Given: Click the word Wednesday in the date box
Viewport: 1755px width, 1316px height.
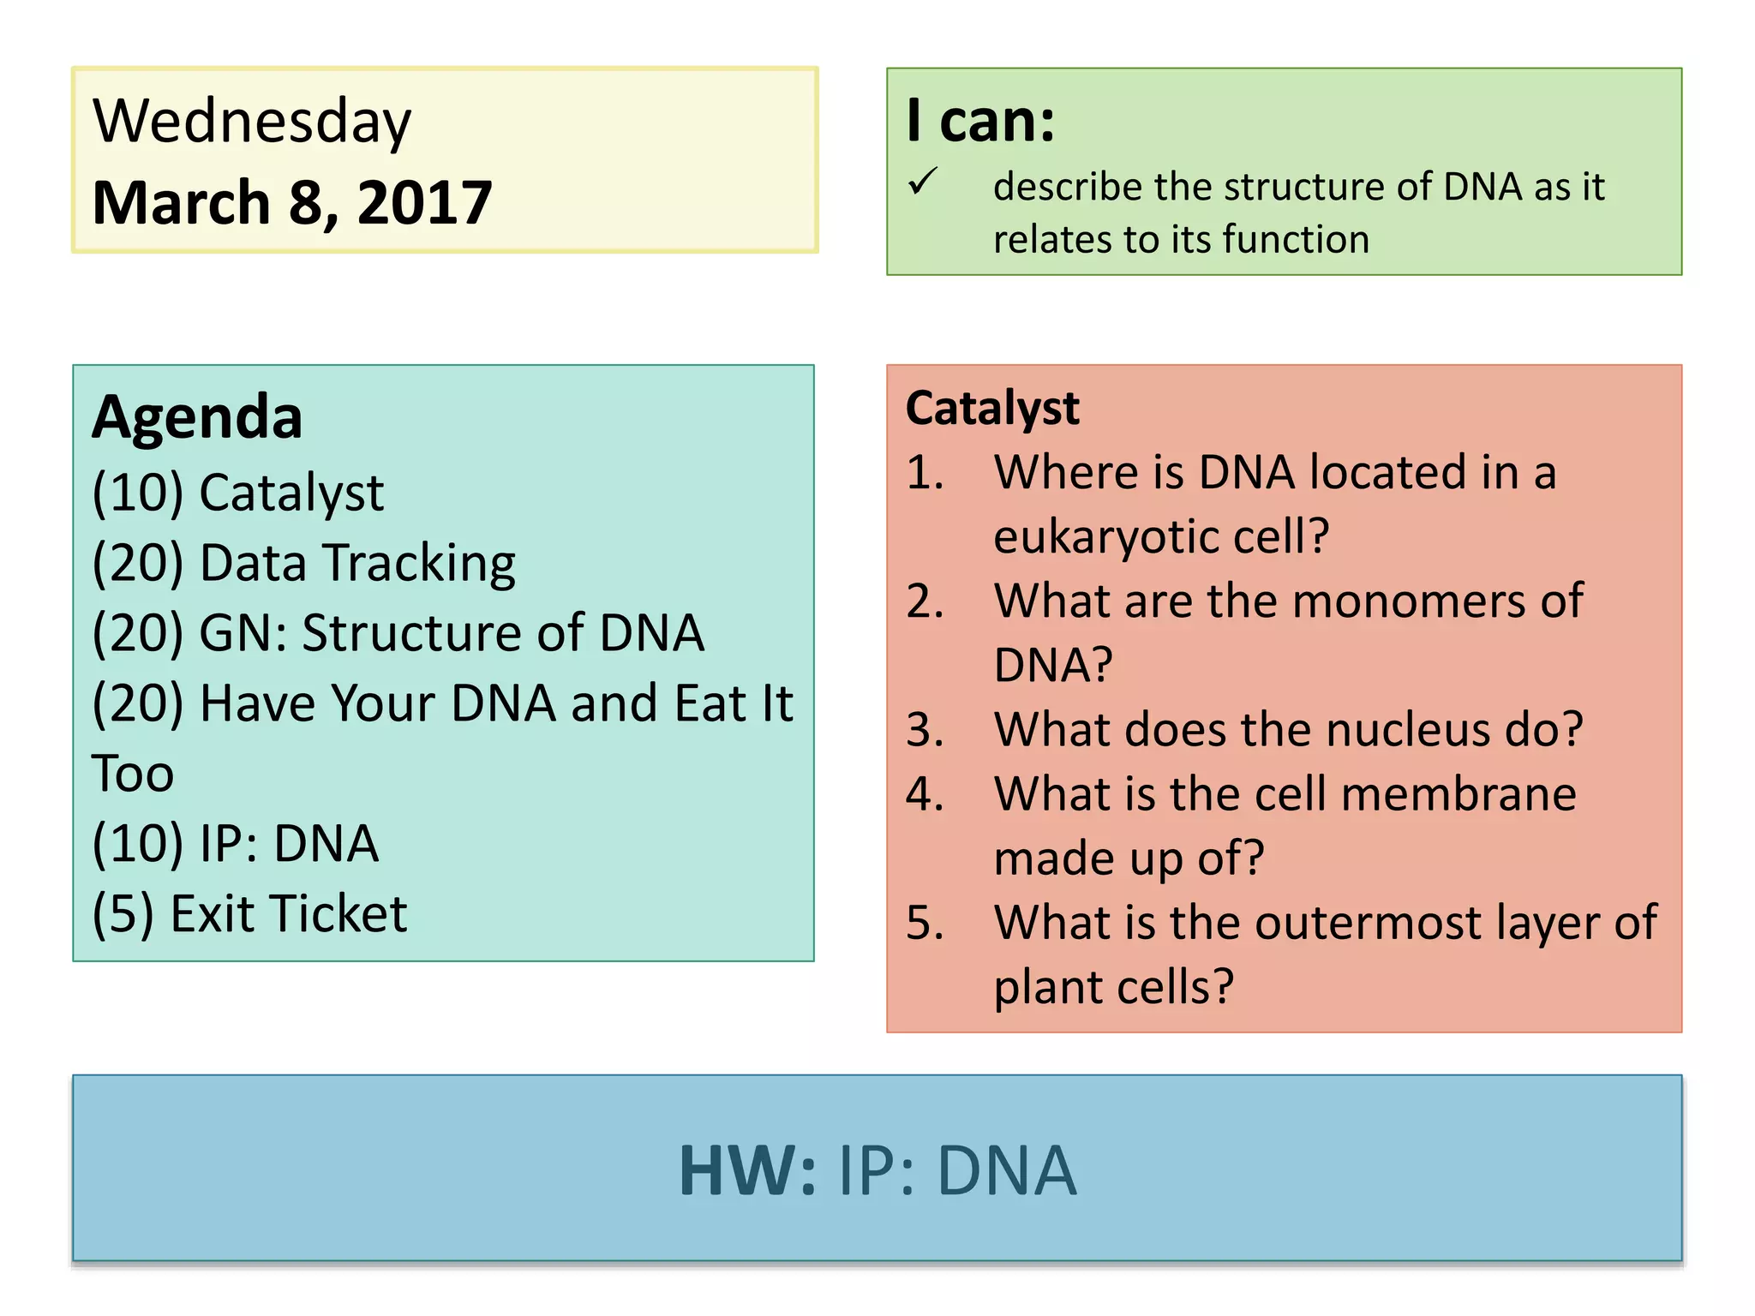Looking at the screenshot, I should [x=252, y=123].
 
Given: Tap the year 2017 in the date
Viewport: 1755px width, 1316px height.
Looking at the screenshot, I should [x=424, y=203].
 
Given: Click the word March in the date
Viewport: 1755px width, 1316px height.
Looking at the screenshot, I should [x=181, y=203].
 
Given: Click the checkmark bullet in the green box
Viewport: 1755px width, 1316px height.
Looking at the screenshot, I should [x=923, y=181].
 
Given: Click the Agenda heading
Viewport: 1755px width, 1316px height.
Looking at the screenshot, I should [x=197, y=417].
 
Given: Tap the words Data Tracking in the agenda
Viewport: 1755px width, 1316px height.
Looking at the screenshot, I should [x=357, y=564].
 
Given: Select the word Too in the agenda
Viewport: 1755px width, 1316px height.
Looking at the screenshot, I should [x=133, y=774].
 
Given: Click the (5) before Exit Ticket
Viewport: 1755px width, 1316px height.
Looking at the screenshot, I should [x=123, y=914].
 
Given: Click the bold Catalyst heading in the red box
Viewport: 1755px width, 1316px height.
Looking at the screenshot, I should [x=992, y=408].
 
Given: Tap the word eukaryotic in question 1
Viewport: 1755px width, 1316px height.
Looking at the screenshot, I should [x=1105, y=537].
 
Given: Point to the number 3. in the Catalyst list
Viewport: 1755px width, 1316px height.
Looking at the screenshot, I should [x=925, y=730].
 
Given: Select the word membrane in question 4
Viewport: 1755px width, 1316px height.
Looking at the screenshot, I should [x=1459, y=794].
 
